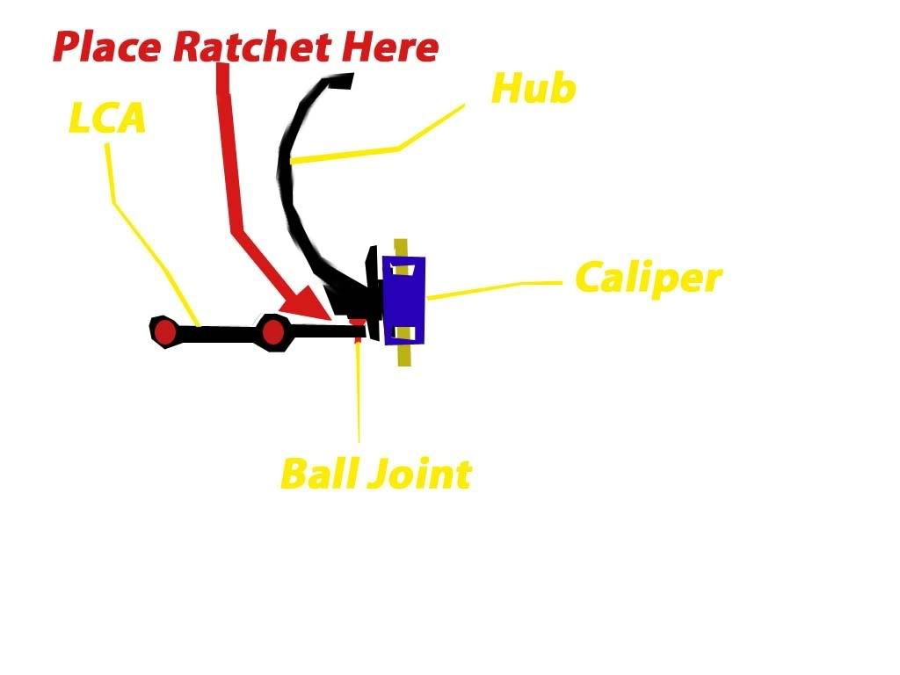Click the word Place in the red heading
(x=107, y=47)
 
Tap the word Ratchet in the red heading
(x=252, y=47)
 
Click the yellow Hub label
(x=533, y=88)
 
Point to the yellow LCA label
(x=107, y=119)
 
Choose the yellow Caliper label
(x=649, y=279)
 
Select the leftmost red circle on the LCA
(x=165, y=332)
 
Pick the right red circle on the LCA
(x=273, y=332)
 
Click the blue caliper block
(x=404, y=300)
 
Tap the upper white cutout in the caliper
(x=403, y=267)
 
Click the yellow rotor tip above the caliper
(x=401, y=247)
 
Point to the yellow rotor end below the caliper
(x=404, y=355)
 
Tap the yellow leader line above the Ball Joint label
(x=359, y=391)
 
